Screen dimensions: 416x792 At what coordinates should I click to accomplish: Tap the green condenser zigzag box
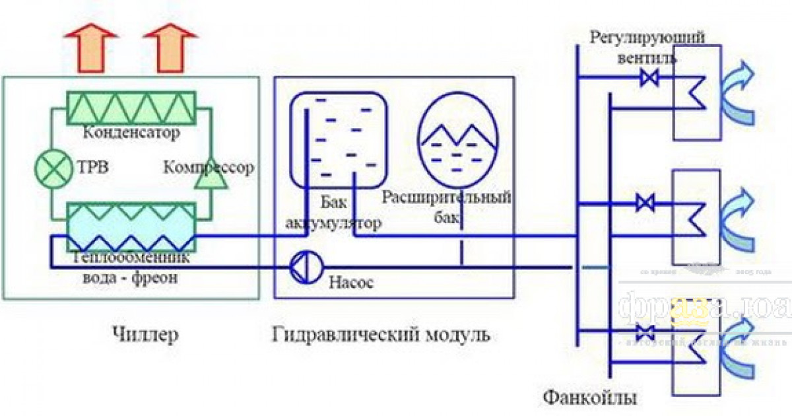[x=132, y=106]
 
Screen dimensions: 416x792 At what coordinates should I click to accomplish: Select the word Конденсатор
[x=132, y=133]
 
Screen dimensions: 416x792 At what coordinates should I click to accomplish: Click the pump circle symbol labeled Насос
[x=304, y=266]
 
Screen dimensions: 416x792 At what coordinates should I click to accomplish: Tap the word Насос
[x=351, y=283]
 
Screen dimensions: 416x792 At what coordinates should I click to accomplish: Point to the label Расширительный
[x=447, y=197]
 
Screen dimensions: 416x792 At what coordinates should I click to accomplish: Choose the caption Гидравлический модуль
[x=381, y=335]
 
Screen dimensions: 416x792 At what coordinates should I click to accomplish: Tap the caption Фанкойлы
[x=590, y=398]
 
